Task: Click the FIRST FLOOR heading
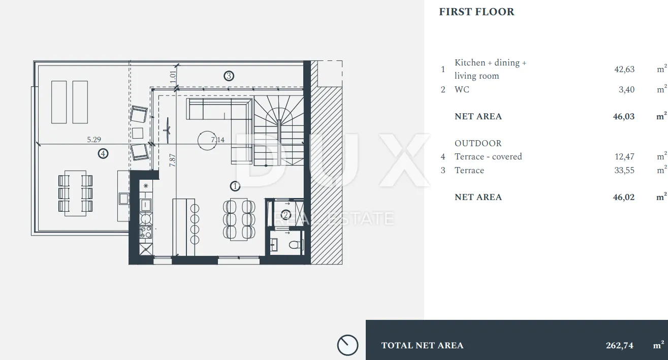coord(476,12)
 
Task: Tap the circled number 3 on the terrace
coord(229,76)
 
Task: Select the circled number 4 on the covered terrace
coord(103,154)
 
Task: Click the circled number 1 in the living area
coord(235,186)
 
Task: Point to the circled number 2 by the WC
coord(285,215)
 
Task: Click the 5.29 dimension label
coord(94,140)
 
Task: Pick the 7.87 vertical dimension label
coord(172,160)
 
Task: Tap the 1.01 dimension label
coord(173,78)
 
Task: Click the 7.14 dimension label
coord(218,140)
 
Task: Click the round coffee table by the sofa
coord(207,141)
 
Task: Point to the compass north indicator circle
coord(348,345)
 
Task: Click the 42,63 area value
coord(624,70)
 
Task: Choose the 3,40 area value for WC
coord(626,90)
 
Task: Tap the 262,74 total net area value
coord(619,345)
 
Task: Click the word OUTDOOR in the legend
coord(478,143)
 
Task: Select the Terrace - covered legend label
coord(488,157)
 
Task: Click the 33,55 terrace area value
coord(624,171)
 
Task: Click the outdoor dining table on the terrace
coord(76,193)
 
